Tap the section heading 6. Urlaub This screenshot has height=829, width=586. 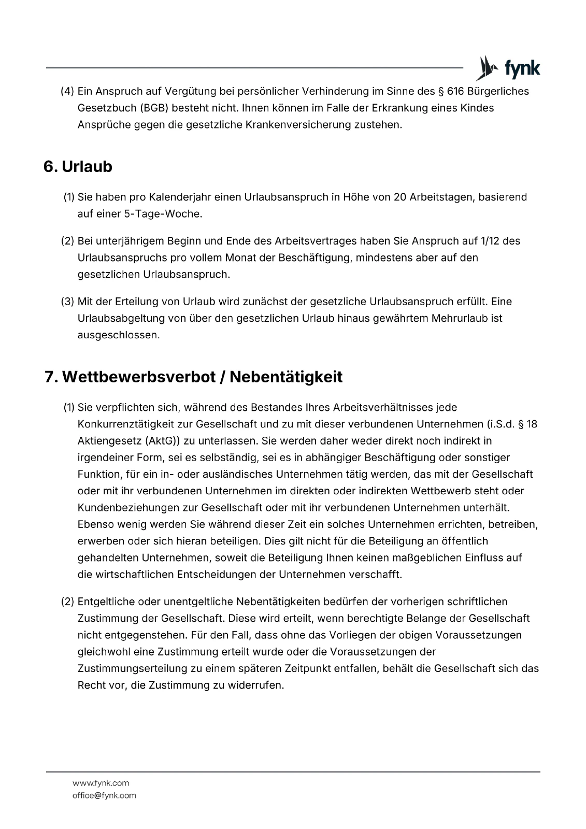pos(78,167)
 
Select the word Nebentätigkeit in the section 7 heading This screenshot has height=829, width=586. pos(285,377)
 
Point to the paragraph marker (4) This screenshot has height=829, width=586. pos(67,91)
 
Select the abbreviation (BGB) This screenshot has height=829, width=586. pos(152,108)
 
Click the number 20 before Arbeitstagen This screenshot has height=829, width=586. pos(399,197)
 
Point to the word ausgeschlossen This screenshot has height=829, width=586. pos(118,335)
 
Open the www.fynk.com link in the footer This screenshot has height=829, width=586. pos(101,783)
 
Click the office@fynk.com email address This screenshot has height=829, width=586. pos(104,795)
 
